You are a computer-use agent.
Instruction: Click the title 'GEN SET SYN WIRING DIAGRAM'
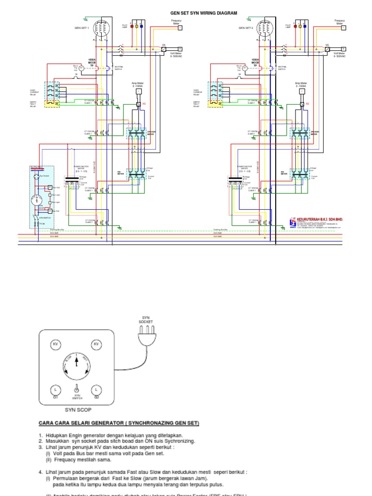tap(204, 13)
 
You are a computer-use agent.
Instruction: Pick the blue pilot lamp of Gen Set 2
tap(305, 26)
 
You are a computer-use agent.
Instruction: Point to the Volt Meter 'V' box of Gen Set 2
tap(343, 49)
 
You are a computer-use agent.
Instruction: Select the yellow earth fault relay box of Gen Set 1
tap(52, 103)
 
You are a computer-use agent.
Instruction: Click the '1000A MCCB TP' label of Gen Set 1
tap(92, 62)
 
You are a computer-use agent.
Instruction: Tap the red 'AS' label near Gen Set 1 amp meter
tap(143, 104)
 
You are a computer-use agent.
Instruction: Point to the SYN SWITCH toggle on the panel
tap(76, 388)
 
